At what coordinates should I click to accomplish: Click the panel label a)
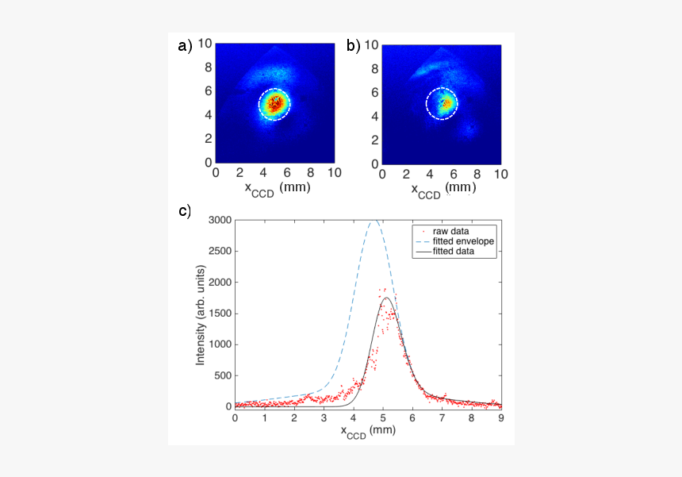[x=185, y=46]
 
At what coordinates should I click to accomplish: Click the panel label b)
[x=353, y=46]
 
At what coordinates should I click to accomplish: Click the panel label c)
[x=184, y=212]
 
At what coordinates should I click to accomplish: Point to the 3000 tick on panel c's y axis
[x=219, y=220]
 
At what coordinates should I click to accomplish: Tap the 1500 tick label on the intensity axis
[x=219, y=313]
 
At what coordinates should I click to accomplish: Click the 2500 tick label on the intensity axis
[x=219, y=251]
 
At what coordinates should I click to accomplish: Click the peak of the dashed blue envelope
[x=375, y=221]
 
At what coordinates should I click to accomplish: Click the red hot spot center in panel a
[x=275, y=102]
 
